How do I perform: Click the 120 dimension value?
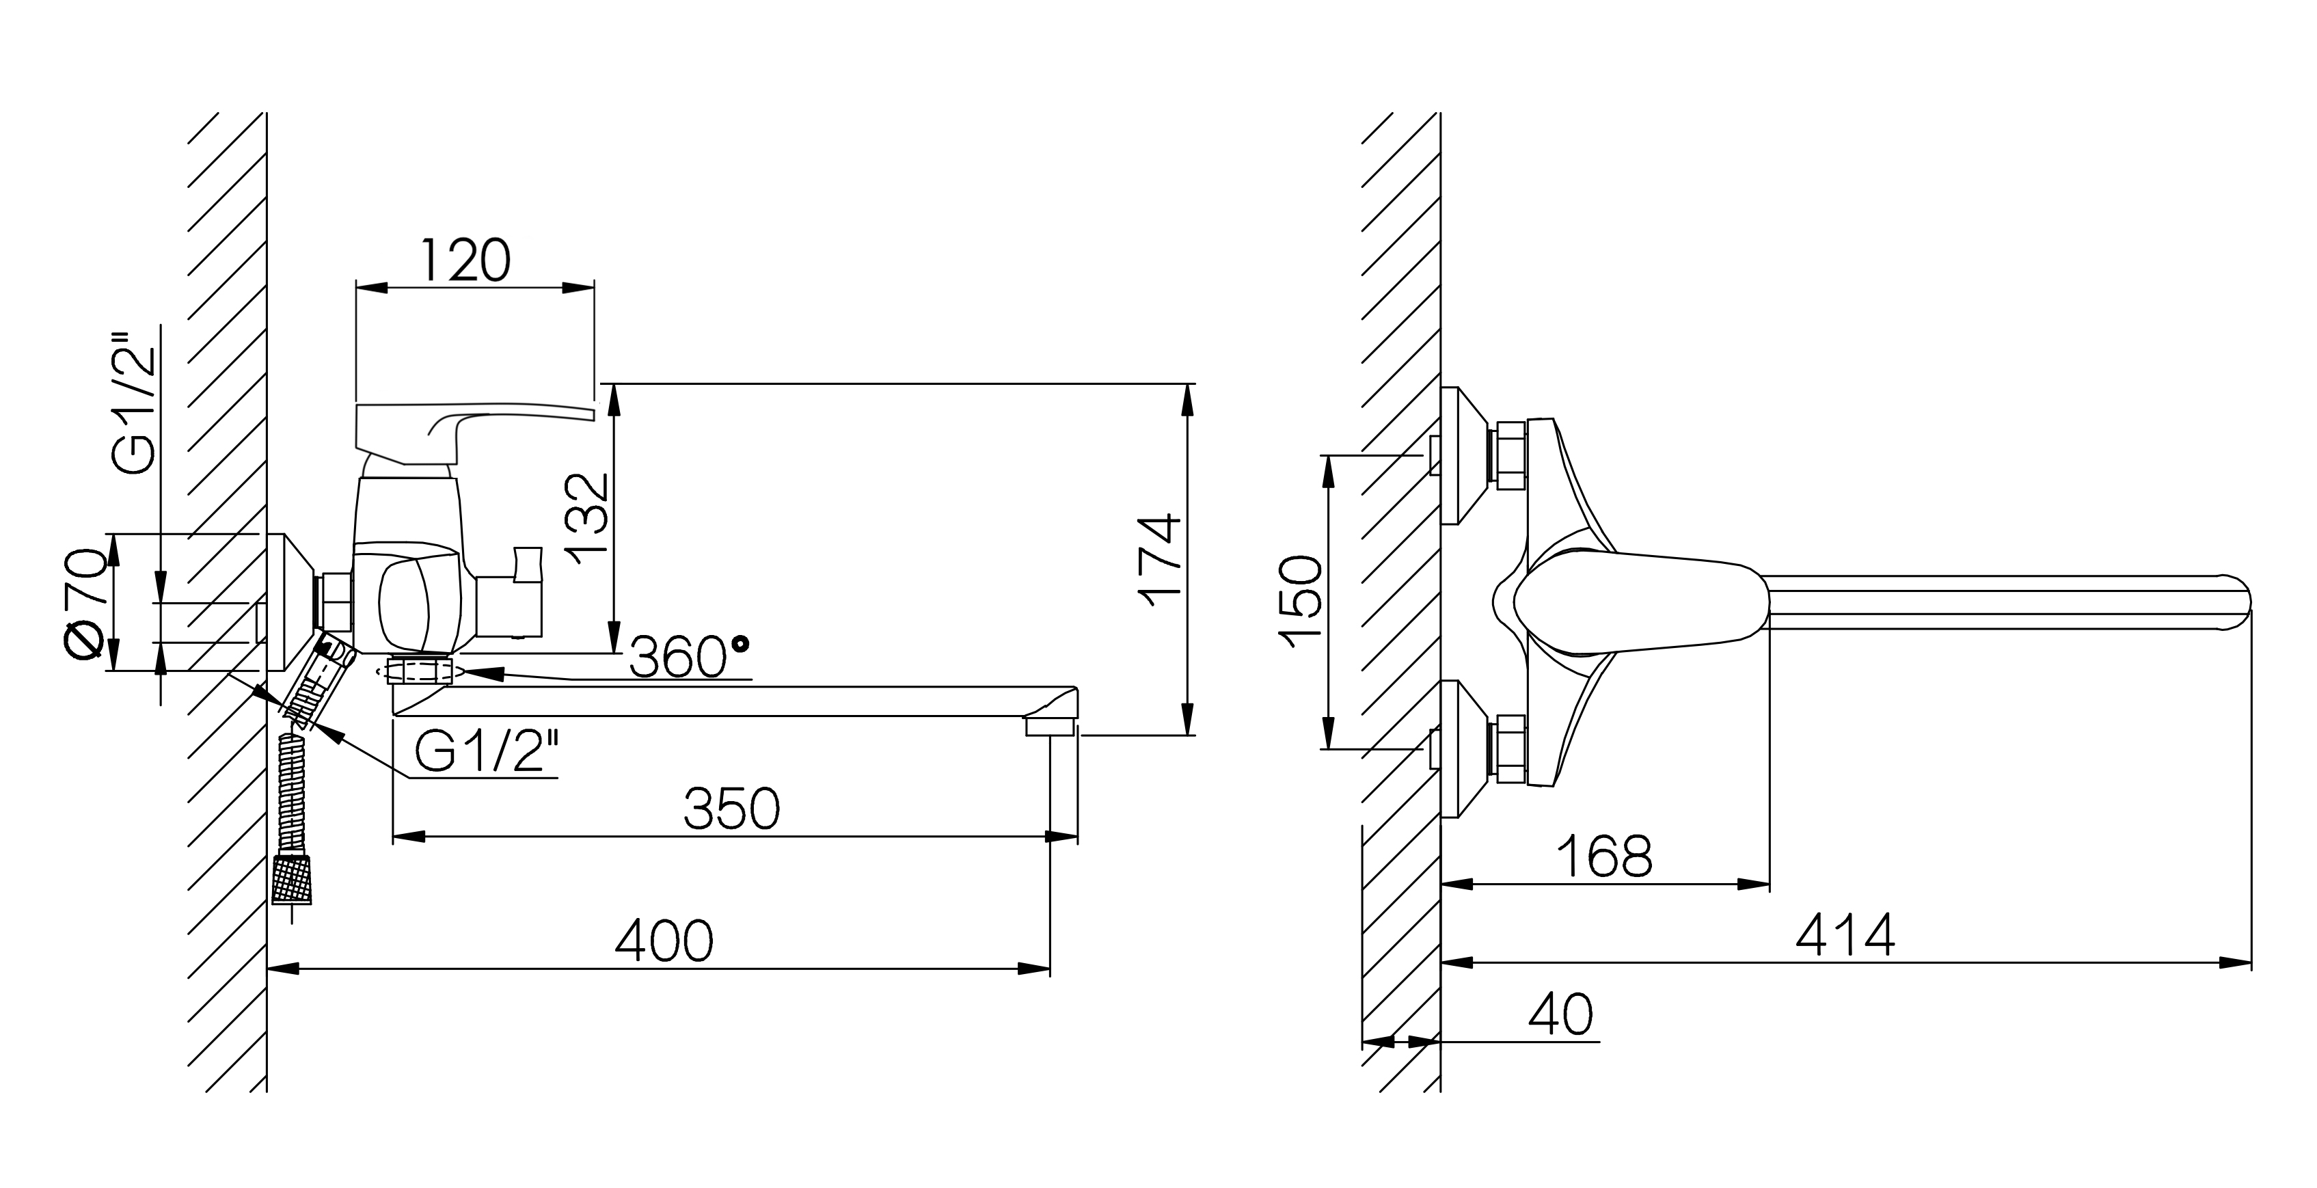pyautogui.click(x=465, y=262)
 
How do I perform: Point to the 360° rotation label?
pyautogui.click(x=688, y=658)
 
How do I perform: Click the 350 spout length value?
pyautogui.click(x=731, y=809)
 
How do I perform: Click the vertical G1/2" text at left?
pyautogui.click(x=135, y=404)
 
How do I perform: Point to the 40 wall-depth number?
pyautogui.click(x=1560, y=1014)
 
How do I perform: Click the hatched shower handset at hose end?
pyautogui.click(x=294, y=880)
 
